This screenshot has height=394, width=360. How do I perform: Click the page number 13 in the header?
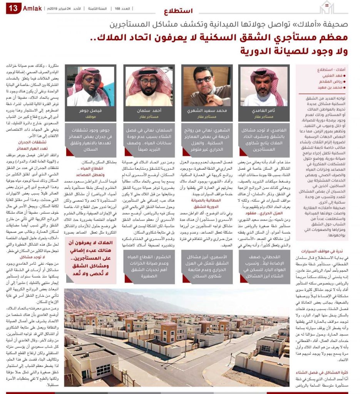(x=13, y=8)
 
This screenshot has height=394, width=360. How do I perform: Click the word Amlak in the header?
(x=33, y=8)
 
